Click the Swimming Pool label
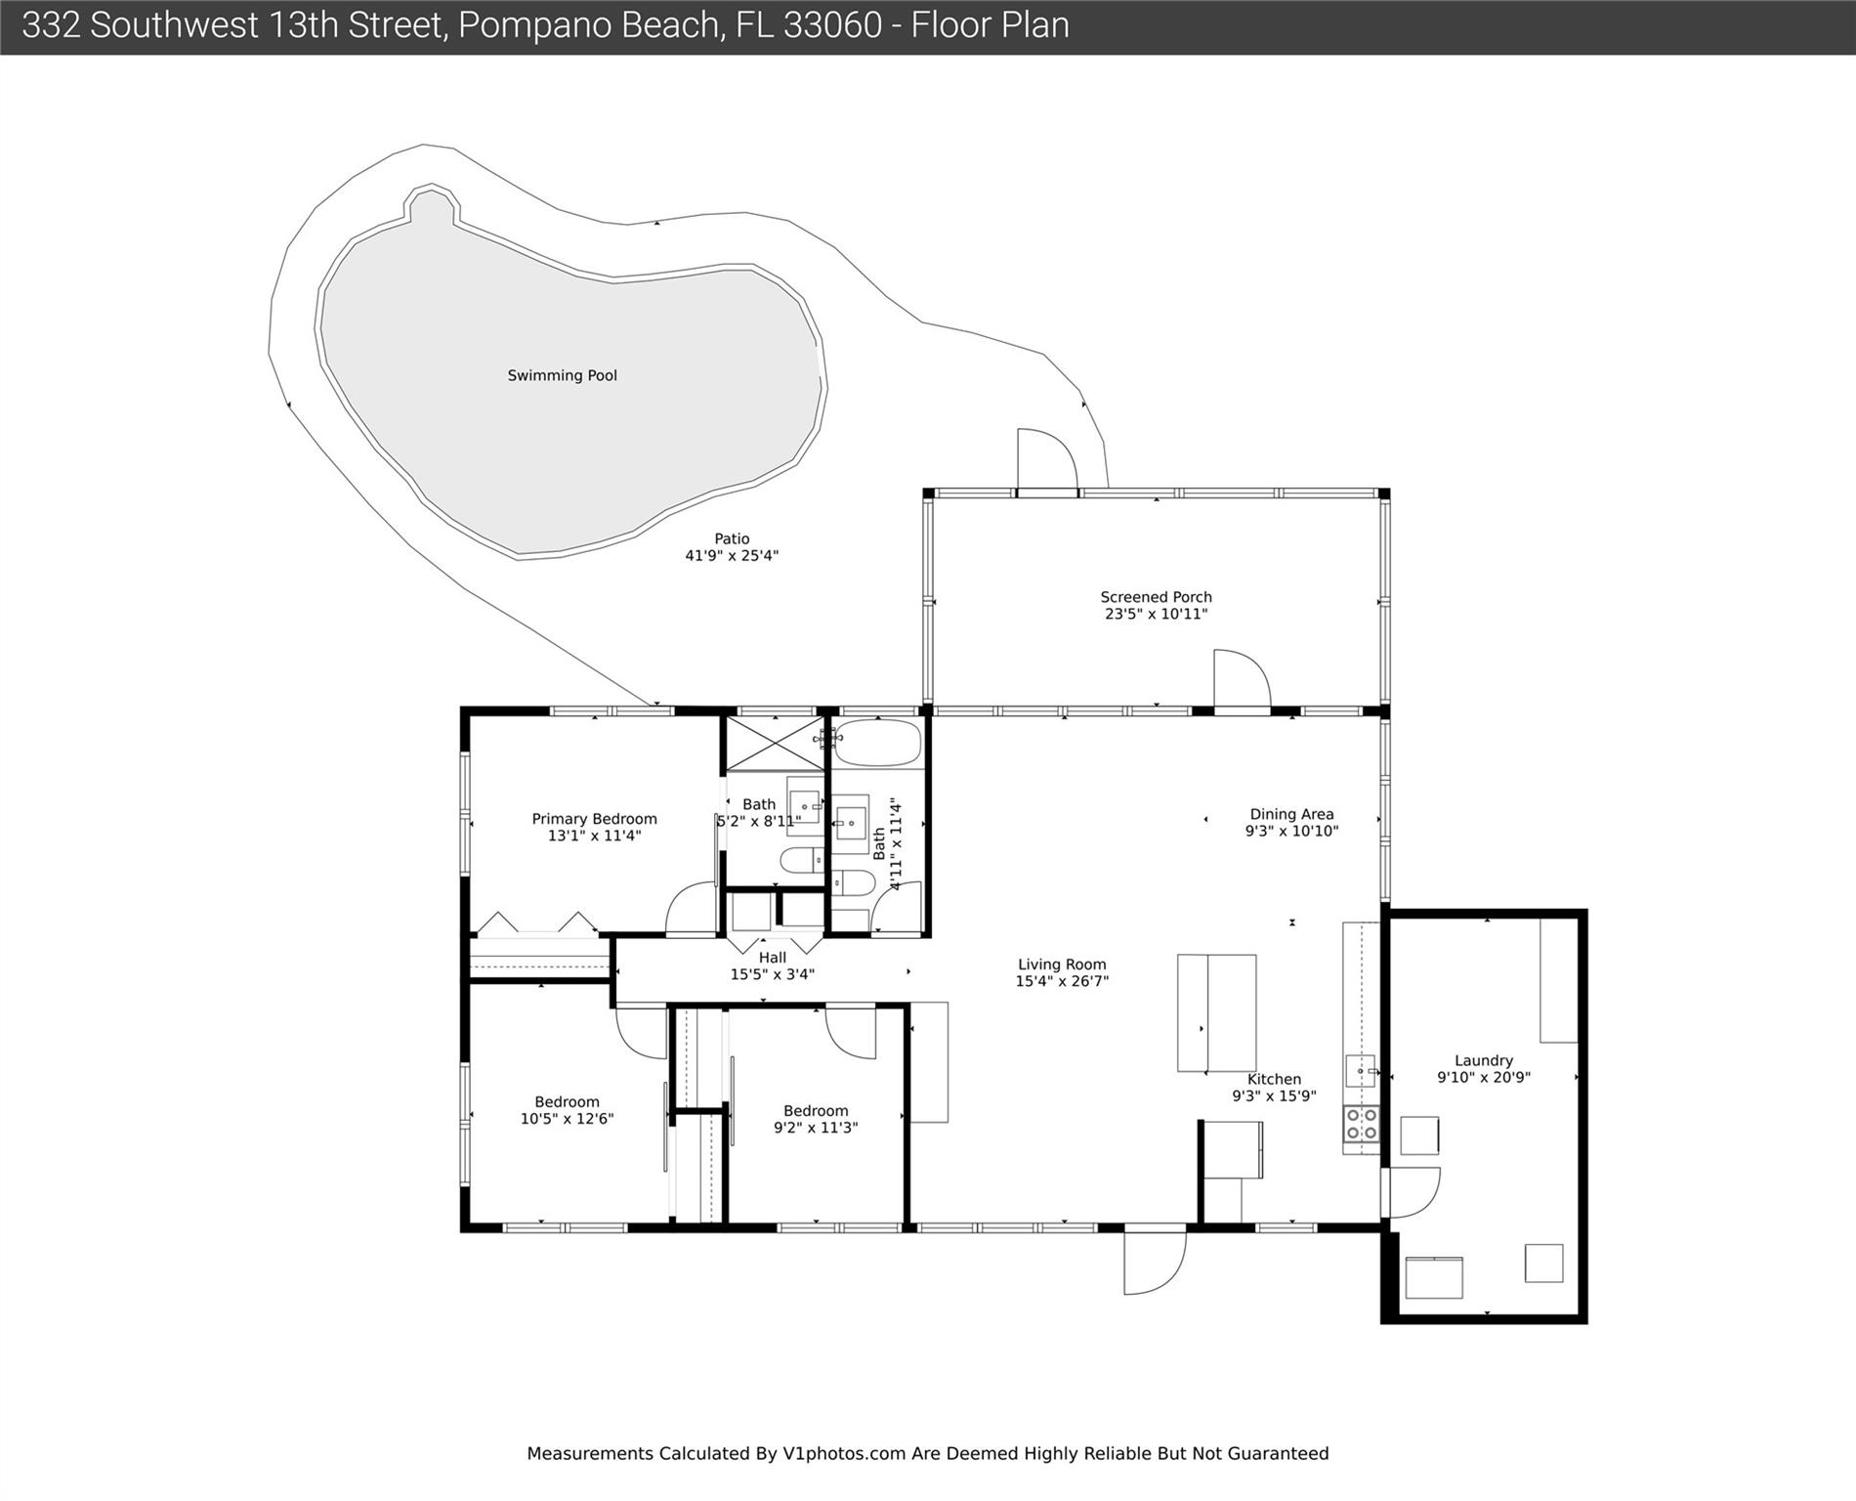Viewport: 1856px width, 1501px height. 562,375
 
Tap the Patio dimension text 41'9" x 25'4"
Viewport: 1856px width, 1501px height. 732,556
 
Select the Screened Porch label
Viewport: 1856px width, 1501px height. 1156,597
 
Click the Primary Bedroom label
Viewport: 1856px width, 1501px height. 594,819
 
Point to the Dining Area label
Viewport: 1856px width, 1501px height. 1291,814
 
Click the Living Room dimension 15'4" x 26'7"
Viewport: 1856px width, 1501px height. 1062,981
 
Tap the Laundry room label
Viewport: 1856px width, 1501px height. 1484,1060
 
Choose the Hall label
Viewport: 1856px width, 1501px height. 773,958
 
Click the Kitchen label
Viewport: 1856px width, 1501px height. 1274,1079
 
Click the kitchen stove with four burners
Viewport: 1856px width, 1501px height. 1361,1124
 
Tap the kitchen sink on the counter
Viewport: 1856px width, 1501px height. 1360,1071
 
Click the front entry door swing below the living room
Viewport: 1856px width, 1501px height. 1155,1262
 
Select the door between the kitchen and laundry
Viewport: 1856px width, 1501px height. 1411,1192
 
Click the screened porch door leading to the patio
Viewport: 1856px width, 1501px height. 1047,459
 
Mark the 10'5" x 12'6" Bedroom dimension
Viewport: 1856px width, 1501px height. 567,1119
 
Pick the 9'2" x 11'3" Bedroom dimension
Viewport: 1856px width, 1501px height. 816,1128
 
